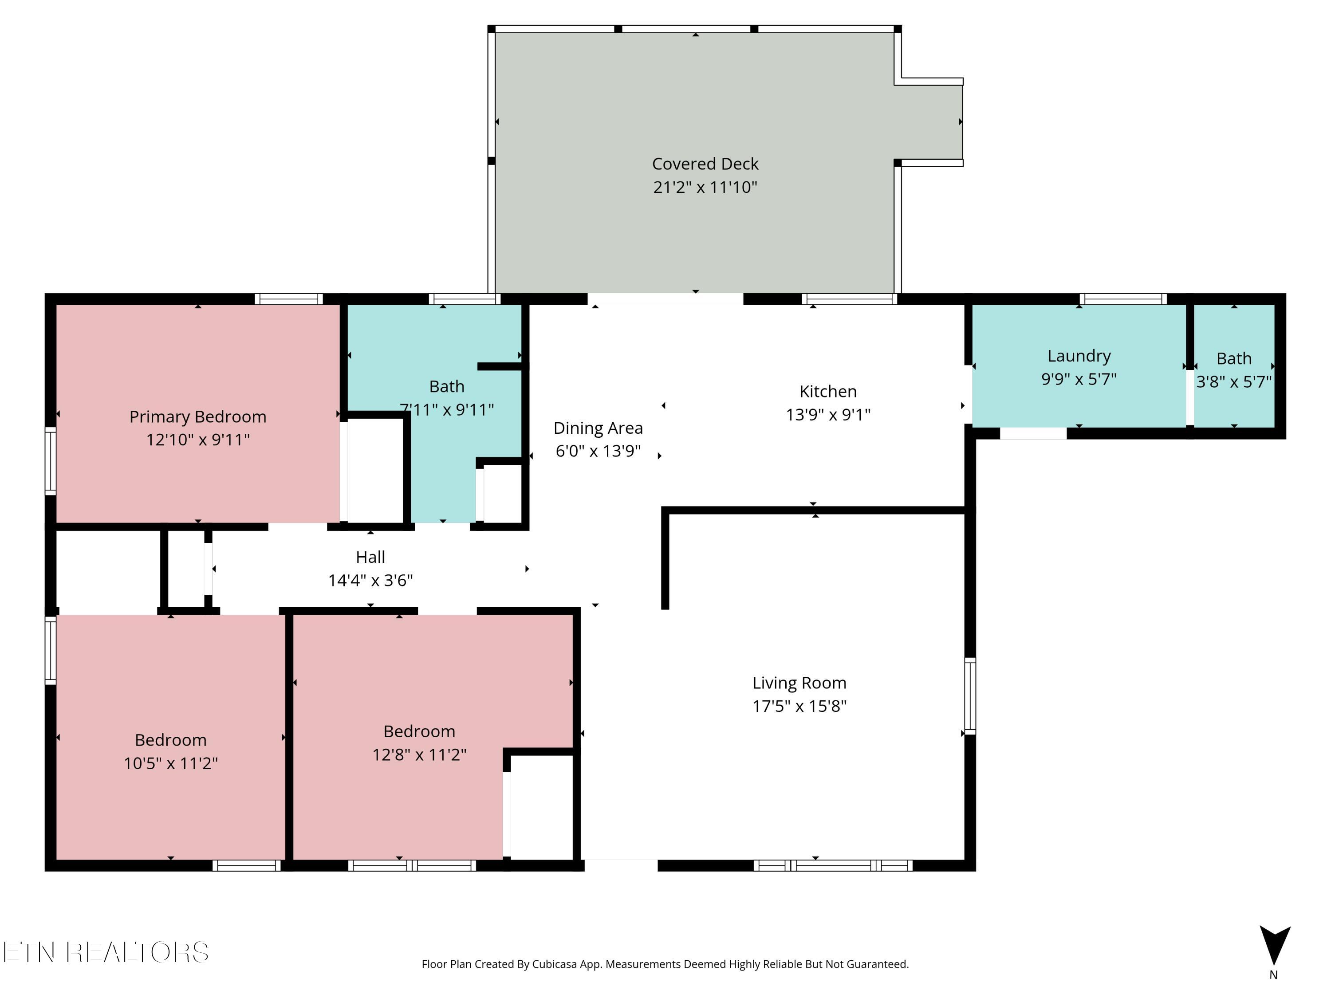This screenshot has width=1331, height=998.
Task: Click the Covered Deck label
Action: pyautogui.click(x=705, y=164)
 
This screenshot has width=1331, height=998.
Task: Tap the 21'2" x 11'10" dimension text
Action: pyautogui.click(x=705, y=187)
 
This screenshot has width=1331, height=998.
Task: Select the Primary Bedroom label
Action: pyautogui.click(x=198, y=417)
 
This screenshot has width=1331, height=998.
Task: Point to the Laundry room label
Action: pyautogui.click(x=1079, y=356)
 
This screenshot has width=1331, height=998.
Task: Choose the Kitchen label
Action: pyautogui.click(x=828, y=392)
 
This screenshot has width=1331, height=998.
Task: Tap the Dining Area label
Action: pyautogui.click(x=598, y=428)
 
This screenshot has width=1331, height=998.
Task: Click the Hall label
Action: pyautogui.click(x=370, y=557)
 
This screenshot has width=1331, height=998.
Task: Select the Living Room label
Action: pyautogui.click(x=799, y=683)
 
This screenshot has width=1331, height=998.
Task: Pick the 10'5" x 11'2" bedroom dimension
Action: pyautogui.click(x=171, y=763)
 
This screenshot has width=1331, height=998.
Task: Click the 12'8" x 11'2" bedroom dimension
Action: pyautogui.click(x=419, y=754)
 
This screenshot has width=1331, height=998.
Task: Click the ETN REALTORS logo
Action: pyautogui.click(x=106, y=952)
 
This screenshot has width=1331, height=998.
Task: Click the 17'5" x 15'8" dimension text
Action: pyautogui.click(x=799, y=706)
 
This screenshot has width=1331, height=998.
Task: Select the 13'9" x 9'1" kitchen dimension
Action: pyautogui.click(x=828, y=414)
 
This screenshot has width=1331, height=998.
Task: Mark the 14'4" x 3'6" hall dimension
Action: pyautogui.click(x=370, y=581)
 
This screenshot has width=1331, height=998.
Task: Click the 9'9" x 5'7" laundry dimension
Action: pyautogui.click(x=1079, y=379)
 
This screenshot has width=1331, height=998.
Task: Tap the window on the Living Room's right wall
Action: pyautogui.click(x=970, y=696)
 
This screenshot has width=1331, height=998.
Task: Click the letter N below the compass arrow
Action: pyautogui.click(x=1273, y=975)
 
